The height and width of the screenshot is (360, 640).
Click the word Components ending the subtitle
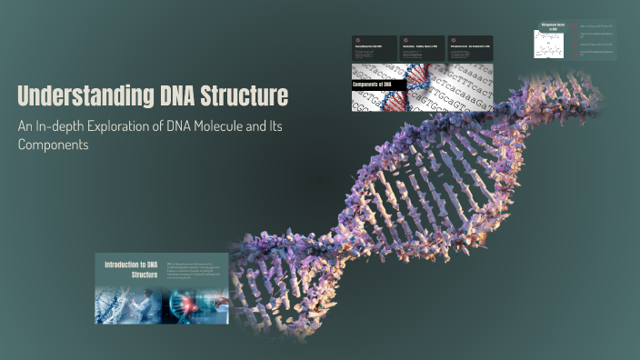(53, 145)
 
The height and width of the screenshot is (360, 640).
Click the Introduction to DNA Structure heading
(131, 269)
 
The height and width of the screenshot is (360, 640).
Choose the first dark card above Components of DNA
(374, 48)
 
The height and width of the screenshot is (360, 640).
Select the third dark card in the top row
(470, 48)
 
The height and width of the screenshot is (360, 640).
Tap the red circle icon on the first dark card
(357, 40)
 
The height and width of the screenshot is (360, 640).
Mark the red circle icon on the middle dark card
(405, 40)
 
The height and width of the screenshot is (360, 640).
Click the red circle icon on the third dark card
(454, 40)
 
